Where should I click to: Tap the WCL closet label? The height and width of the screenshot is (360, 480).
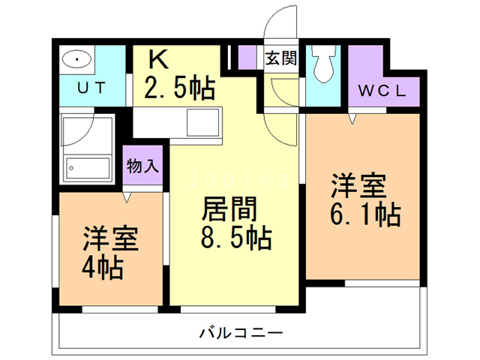pyautogui.click(x=382, y=91)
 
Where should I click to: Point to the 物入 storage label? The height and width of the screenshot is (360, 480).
pyautogui.click(x=142, y=166)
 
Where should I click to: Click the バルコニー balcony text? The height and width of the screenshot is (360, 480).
pyautogui.click(x=240, y=331)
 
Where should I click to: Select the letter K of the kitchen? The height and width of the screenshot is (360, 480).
pyautogui.click(x=158, y=58)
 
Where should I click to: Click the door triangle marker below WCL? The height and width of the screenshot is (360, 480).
pyautogui.click(x=352, y=118)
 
